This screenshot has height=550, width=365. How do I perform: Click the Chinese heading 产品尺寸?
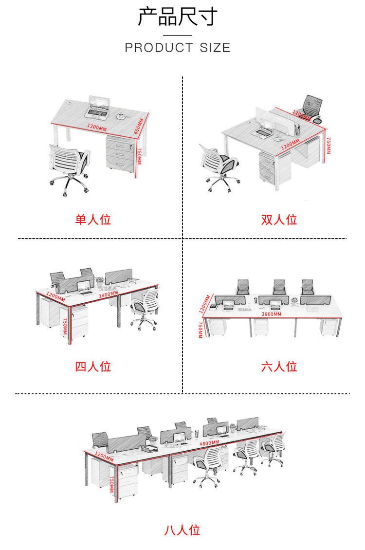[x=177, y=17]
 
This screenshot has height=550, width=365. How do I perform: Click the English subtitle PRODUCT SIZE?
[x=177, y=48]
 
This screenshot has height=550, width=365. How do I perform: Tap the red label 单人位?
[x=93, y=220]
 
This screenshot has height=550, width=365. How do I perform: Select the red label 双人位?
[x=279, y=220]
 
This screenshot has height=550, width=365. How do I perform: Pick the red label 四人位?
[x=93, y=367]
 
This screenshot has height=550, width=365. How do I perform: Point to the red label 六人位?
[x=279, y=367]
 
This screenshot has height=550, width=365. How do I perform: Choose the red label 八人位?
[x=182, y=530]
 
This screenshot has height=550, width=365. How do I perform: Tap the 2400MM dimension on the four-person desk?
[x=108, y=294]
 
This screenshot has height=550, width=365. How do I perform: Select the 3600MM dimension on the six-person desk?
[x=271, y=314]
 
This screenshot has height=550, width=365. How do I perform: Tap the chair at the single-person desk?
[x=69, y=168]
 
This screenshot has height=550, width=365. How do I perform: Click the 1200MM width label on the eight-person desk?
[x=104, y=457]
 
